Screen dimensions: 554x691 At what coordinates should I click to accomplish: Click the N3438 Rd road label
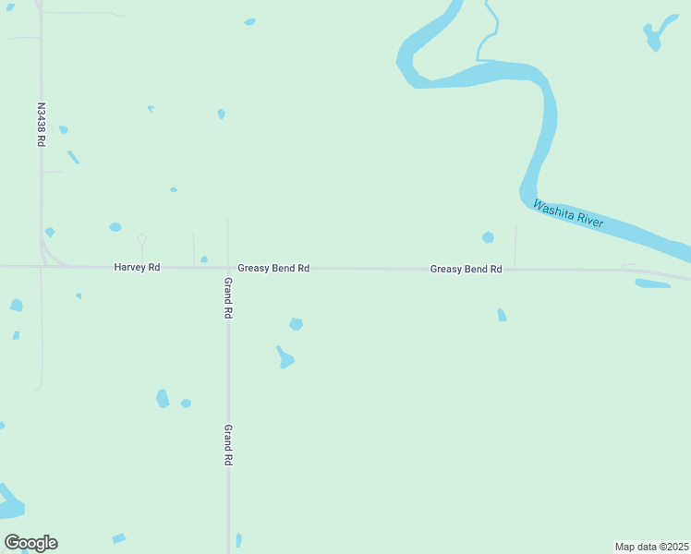(x=41, y=125)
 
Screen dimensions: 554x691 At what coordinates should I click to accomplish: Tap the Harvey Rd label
(x=137, y=268)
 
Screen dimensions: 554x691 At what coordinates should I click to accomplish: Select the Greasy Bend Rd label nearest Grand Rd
(x=273, y=269)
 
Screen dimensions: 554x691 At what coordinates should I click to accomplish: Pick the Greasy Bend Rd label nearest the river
(x=466, y=270)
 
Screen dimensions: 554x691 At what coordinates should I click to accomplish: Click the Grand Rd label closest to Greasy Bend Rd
(x=228, y=297)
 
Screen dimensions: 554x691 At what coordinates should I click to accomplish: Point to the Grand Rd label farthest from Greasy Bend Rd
(x=227, y=445)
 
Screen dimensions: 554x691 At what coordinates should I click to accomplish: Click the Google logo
(x=30, y=543)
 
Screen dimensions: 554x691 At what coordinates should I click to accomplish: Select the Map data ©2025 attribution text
(x=651, y=547)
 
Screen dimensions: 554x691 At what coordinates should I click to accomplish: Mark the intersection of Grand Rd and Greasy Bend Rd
(x=228, y=268)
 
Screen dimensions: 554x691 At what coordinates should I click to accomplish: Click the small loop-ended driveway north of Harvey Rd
(x=141, y=241)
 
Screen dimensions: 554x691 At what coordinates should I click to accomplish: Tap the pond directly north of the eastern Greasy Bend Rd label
(x=488, y=237)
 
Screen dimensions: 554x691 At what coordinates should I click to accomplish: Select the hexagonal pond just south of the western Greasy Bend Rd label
(x=296, y=324)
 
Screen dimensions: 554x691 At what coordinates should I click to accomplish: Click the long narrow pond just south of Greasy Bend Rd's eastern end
(x=653, y=283)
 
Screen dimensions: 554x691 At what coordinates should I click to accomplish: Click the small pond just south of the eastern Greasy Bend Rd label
(x=502, y=315)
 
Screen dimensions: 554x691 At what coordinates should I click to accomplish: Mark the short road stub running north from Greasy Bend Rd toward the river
(x=515, y=246)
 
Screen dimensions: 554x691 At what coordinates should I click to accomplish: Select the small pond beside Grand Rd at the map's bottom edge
(x=238, y=540)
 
